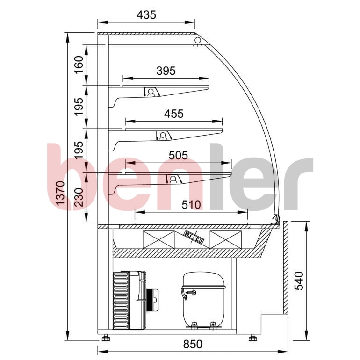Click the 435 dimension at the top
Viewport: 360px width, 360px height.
click(146, 15)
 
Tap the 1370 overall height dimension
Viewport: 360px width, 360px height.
click(61, 193)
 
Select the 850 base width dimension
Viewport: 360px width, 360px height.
click(193, 344)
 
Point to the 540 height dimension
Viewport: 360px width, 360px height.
click(299, 281)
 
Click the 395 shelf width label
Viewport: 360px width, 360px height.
click(166, 71)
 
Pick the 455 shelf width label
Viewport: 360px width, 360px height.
click(174, 114)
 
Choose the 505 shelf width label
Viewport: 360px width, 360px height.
click(178, 155)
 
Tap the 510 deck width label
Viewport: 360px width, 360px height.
click(191, 205)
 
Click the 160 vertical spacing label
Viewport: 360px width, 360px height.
click(79, 65)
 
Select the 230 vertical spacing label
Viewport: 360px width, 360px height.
click(79, 197)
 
